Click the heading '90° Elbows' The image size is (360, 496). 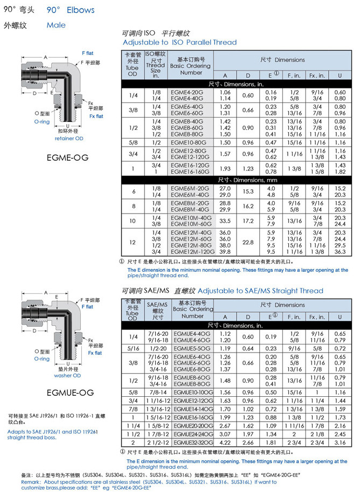click(71, 10)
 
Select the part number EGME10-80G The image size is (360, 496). click(188, 142)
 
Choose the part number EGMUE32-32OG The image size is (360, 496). click(191, 442)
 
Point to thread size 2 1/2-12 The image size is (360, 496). click(156, 442)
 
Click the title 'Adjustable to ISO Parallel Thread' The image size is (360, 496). click(179, 42)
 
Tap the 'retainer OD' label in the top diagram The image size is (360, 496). click(69, 139)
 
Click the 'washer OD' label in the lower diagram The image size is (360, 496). click(67, 376)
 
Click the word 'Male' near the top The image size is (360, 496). click(56, 25)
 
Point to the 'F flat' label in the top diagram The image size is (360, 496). click(88, 54)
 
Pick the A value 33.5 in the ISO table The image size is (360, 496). click(225, 221)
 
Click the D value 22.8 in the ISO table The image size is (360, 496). click(248, 242)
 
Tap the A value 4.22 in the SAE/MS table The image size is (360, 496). click(225, 442)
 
